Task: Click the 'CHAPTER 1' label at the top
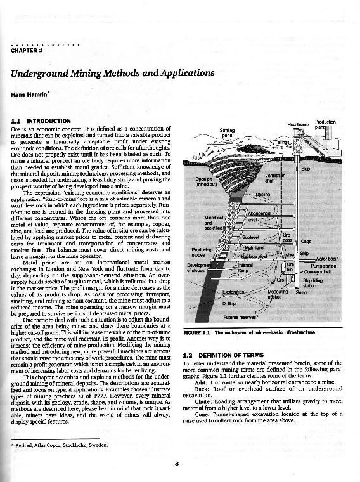27,51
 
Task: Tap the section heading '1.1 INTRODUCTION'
41,120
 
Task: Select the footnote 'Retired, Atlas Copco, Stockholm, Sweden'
61,446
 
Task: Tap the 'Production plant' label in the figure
325,124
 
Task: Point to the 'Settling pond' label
227,133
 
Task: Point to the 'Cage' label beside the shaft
306,241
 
